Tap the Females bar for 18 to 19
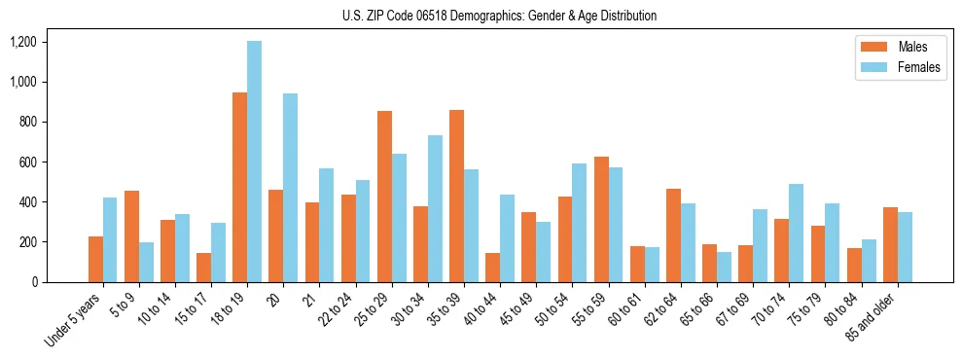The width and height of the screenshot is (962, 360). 254,162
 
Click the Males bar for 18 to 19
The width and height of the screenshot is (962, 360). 239,187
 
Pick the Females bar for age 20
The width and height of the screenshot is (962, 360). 290,188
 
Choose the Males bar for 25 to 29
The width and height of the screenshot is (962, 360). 384,197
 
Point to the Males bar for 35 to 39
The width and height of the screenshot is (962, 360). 456,196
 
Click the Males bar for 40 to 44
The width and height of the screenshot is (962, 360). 492,268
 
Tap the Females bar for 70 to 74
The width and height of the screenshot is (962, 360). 796,233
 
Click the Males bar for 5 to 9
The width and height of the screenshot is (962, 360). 131,236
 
